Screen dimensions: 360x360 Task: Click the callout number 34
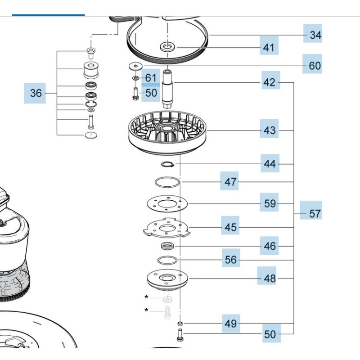pyautogui.click(x=315, y=35)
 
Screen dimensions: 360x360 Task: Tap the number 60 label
pyautogui.click(x=315, y=66)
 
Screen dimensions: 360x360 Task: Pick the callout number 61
pyautogui.click(x=150, y=78)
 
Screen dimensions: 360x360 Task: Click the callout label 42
pyautogui.click(x=269, y=82)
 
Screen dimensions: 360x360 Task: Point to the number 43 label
pyautogui.click(x=270, y=130)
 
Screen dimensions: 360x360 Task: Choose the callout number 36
pyautogui.click(x=36, y=93)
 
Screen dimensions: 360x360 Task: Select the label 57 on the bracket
pyautogui.click(x=315, y=213)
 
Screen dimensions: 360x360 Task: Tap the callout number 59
pyautogui.click(x=270, y=203)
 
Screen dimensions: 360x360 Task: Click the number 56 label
pyautogui.click(x=231, y=260)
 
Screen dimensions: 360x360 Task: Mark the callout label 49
pyautogui.click(x=231, y=323)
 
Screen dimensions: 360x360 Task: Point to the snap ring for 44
pyautogui.click(x=168, y=164)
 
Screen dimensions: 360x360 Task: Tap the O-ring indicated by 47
pyautogui.click(x=166, y=182)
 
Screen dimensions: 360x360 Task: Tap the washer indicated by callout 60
pyautogui.click(x=134, y=66)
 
